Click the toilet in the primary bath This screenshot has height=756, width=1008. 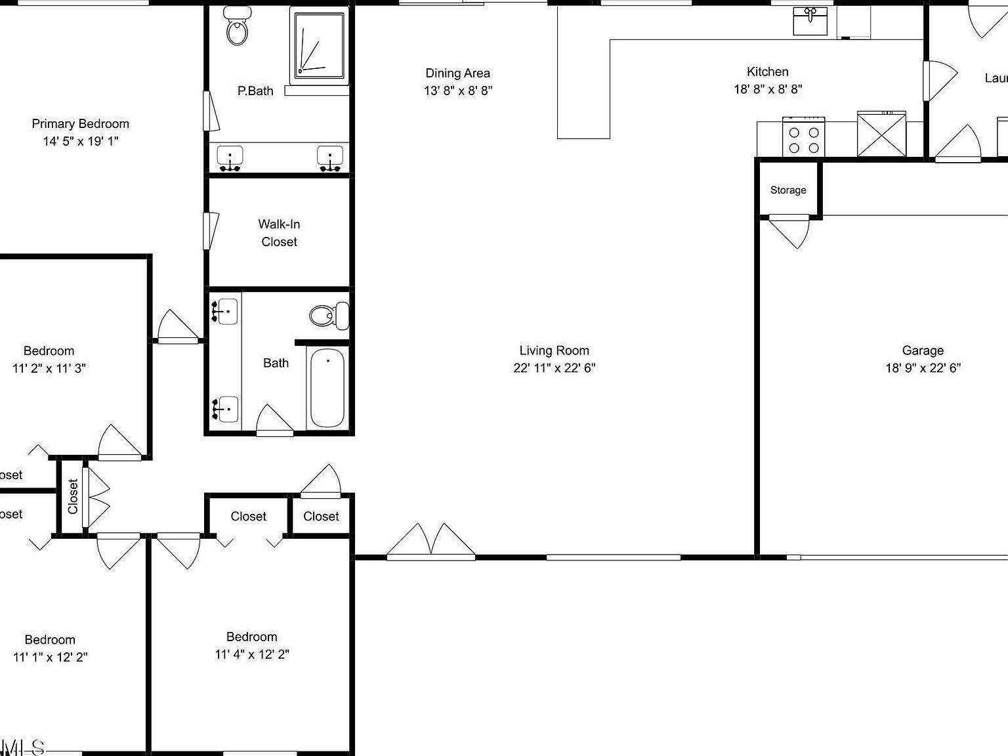click(x=237, y=27)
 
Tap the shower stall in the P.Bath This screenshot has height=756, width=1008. click(x=318, y=45)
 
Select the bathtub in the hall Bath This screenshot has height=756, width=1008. click(x=326, y=388)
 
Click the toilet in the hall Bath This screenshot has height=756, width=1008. click(x=329, y=316)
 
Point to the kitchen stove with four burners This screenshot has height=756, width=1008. click(x=803, y=137)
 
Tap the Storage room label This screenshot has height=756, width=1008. click(x=788, y=190)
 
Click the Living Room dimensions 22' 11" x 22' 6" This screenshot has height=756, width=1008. click(x=554, y=368)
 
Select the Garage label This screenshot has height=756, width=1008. click(x=923, y=350)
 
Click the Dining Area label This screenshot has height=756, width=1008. click(x=457, y=73)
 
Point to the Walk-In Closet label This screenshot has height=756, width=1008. click(x=280, y=233)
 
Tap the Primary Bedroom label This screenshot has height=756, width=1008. click(x=80, y=124)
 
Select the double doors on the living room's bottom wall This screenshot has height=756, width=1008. click(x=430, y=543)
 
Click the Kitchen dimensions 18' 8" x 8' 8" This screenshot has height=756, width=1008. click(x=768, y=89)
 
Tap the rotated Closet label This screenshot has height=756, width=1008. click(x=72, y=496)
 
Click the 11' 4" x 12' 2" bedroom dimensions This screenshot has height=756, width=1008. click(x=252, y=654)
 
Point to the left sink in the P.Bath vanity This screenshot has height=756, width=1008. click(x=230, y=158)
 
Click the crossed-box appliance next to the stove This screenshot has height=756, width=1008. click(x=881, y=134)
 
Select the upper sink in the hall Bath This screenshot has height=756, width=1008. click(x=226, y=310)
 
